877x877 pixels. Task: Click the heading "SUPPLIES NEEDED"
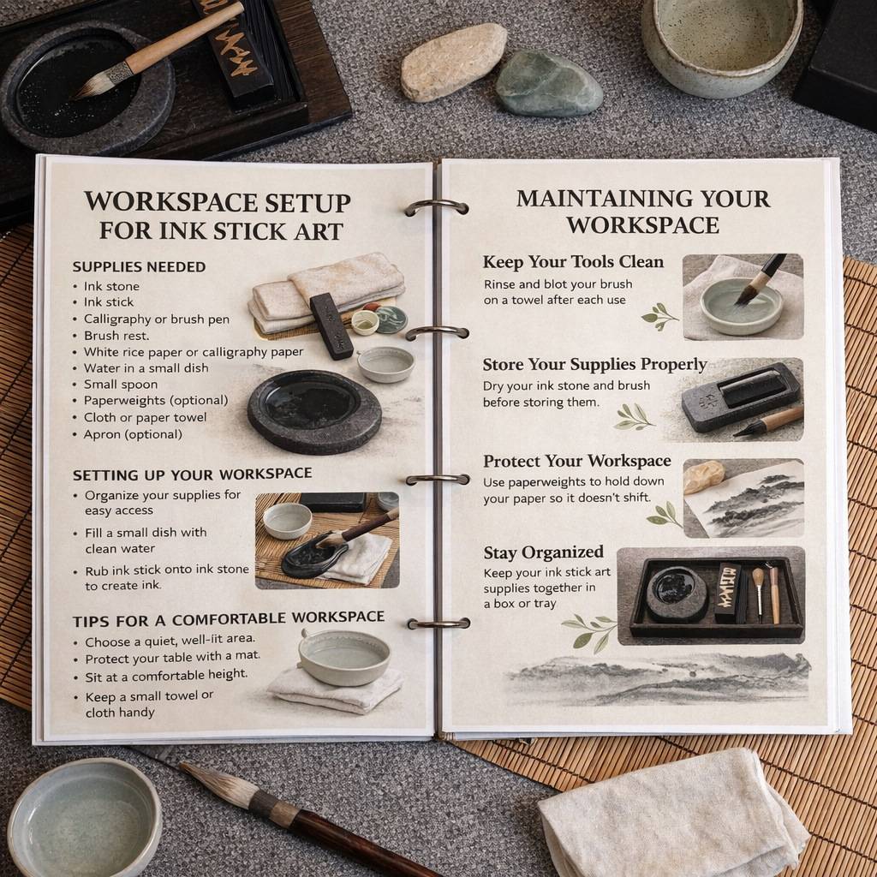pos(140,267)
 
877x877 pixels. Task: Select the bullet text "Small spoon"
pos(121,385)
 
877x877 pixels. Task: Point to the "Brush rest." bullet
pos(116,336)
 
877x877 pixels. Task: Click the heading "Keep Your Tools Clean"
pos(573,262)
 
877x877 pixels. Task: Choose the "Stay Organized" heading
pos(544,552)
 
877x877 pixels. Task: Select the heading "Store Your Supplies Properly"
pos(594,365)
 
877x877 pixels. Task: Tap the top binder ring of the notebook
pos(437,207)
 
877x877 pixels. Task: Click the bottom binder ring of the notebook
pos(439,623)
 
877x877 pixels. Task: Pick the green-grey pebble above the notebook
pos(548,83)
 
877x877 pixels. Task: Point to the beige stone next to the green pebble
pos(453,61)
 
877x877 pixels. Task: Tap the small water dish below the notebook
pos(85,818)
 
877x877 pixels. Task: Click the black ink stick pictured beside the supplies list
pos(331,325)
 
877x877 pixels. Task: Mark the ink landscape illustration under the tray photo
pos(658,678)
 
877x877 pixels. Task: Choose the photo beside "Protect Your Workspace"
pos(744,498)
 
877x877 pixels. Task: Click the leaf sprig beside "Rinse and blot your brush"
pos(660,316)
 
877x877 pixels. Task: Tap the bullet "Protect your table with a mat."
pos(173,657)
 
